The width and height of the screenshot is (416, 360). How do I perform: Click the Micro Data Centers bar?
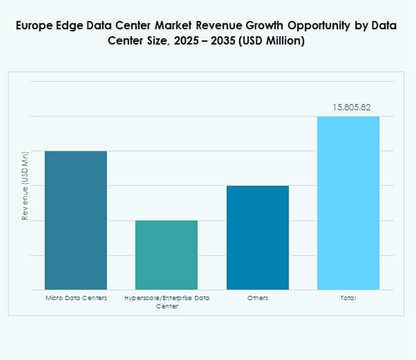click(x=76, y=220)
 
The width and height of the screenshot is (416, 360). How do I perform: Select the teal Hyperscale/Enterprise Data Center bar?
click(x=167, y=255)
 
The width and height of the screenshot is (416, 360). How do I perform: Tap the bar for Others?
click(x=258, y=237)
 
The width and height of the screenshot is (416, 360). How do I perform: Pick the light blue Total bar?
click(x=348, y=203)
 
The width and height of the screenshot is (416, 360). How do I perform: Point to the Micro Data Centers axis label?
click(x=76, y=298)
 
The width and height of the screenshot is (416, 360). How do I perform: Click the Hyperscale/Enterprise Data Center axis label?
click(x=167, y=302)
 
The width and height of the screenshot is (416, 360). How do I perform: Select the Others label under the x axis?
click(x=258, y=298)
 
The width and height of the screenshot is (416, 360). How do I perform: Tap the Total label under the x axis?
click(x=348, y=298)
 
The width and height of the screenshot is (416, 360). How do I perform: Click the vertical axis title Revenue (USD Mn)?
click(x=25, y=186)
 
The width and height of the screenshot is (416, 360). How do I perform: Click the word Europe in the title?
click(x=36, y=26)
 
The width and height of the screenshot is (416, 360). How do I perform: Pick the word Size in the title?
click(x=153, y=42)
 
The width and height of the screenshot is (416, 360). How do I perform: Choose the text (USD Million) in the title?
click(x=269, y=42)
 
